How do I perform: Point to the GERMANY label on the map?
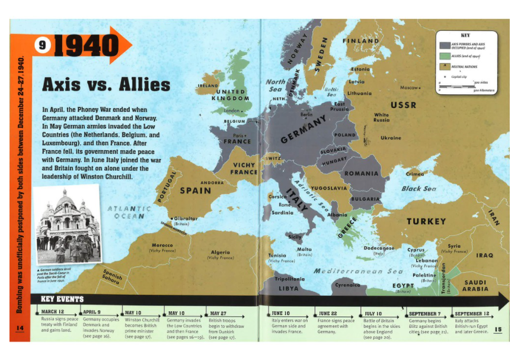(x=303, y=130)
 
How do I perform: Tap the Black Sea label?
(x=419, y=189)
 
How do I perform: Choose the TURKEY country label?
(x=426, y=221)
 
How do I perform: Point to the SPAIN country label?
(x=195, y=190)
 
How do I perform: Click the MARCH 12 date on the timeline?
(x=53, y=312)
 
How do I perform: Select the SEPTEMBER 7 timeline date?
(x=424, y=313)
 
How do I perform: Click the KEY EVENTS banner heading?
(x=61, y=299)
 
